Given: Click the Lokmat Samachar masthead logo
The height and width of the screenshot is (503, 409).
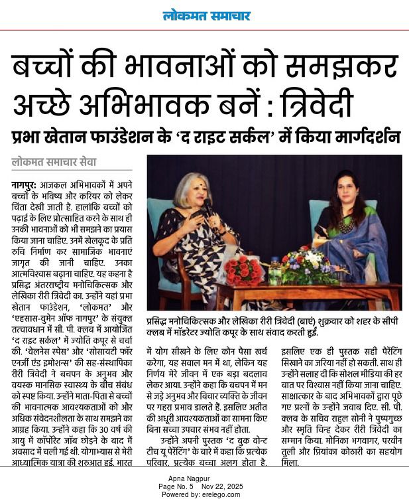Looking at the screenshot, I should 206,15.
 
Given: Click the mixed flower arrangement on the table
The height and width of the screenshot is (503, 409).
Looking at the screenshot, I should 308,265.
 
